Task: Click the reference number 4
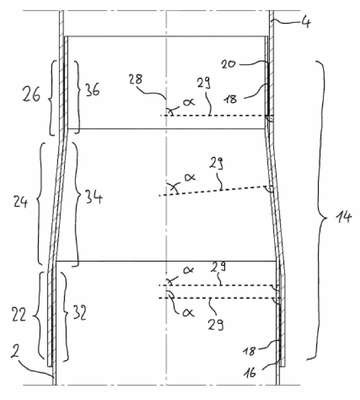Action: [304, 23]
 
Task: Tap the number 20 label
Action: [228, 64]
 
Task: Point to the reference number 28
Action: [135, 80]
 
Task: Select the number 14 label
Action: [342, 218]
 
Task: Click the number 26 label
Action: [31, 95]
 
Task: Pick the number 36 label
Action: [91, 90]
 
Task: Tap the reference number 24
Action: [20, 202]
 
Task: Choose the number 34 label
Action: [93, 197]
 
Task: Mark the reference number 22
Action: [18, 314]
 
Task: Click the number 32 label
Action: [79, 313]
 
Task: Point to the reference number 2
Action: [13, 353]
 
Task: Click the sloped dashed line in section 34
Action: [215, 191]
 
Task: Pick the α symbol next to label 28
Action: [188, 102]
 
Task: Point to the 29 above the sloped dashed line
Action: [217, 164]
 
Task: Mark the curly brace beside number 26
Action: [53, 98]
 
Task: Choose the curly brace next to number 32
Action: [65, 317]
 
